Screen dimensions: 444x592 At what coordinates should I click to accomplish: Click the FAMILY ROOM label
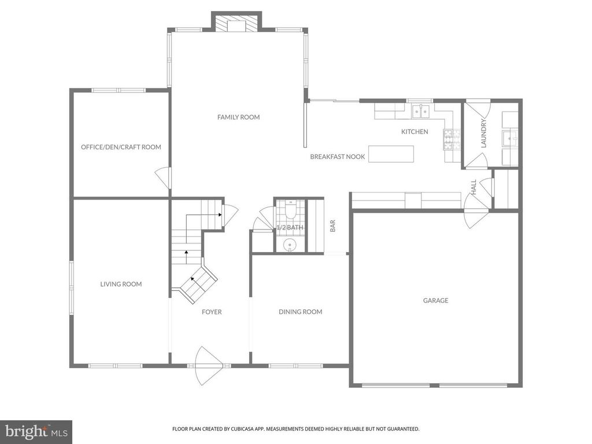pyautogui.click(x=238, y=117)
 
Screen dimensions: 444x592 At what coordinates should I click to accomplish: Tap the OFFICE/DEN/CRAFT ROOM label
pyautogui.click(x=121, y=147)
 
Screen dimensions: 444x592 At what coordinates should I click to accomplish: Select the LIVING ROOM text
pyautogui.click(x=121, y=284)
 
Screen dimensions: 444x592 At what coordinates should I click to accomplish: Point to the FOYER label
pyautogui.click(x=212, y=312)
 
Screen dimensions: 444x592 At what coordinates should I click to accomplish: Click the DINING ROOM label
pyautogui.click(x=300, y=312)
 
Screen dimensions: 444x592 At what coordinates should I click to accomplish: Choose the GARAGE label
pyautogui.click(x=435, y=301)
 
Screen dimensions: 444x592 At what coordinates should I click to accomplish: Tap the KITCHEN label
pyautogui.click(x=415, y=132)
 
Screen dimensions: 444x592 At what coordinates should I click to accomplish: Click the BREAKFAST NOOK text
pyautogui.click(x=337, y=157)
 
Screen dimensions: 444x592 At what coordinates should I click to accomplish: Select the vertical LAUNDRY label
pyautogui.click(x=484, y=134)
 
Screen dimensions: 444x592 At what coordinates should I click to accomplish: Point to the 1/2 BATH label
pyautogui.click(x=290, y=228)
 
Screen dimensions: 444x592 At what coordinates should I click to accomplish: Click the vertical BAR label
pyautogui.click(x=333, y=226)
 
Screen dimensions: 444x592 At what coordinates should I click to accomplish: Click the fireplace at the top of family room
pyautogui.click(x=236, y=23)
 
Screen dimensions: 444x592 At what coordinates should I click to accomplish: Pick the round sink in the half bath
pyautogui.click(x=290, y=245)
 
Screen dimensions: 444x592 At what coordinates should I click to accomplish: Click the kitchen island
pyautogui.click(x=391, y=154)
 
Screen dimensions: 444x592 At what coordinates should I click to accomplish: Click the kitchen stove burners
pyautogui.click(x=449, y=138)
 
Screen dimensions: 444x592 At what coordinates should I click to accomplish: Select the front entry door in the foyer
pyautogui.click(x=209, y=365)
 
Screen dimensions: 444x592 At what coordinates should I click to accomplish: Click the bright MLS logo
pyautogui.click(x=36, y=431)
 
